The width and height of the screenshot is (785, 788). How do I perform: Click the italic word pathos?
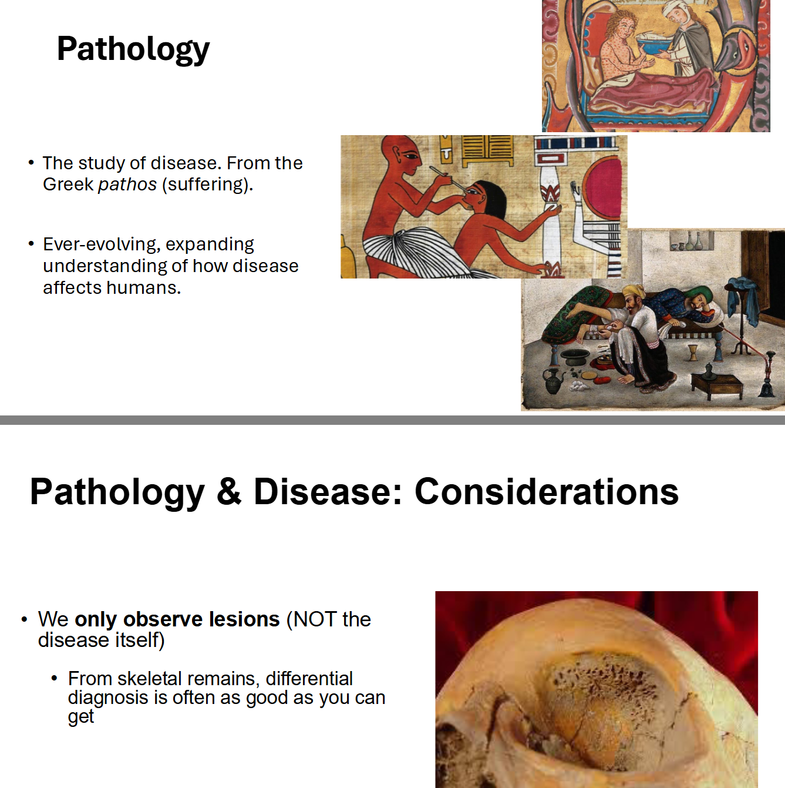[127, 185]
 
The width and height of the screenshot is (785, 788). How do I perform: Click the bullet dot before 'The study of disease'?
[31, 162]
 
